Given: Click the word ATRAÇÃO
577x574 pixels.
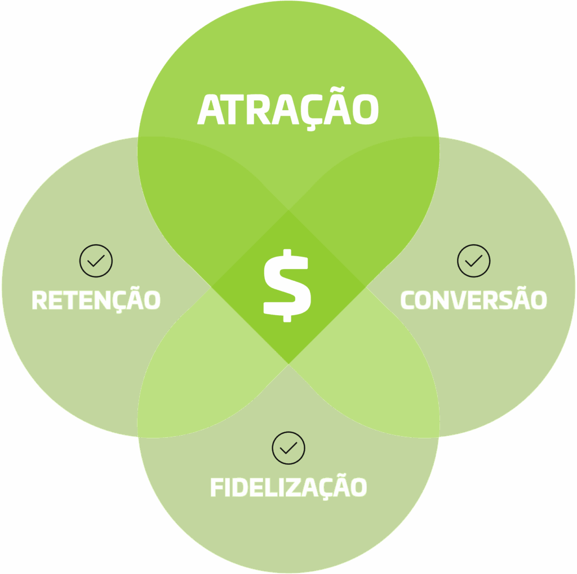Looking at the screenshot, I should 287,110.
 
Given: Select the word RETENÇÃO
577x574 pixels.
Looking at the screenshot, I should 96,300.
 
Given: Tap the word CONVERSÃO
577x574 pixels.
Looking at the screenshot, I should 473,300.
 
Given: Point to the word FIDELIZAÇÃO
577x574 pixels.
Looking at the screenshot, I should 288,487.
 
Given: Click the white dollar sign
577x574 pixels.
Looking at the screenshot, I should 287,285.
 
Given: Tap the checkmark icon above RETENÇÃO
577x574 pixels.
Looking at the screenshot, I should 96,261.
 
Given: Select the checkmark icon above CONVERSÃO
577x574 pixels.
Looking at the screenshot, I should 473,261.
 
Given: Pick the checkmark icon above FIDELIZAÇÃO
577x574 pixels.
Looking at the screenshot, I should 288,448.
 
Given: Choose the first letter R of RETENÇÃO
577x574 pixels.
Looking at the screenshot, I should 39,300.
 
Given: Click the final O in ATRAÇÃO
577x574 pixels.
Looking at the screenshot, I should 365,110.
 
